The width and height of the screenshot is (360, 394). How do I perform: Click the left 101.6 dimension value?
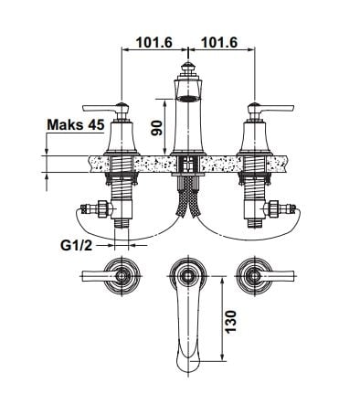pos(154,42)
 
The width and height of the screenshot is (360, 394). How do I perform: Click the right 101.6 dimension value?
pos(219,42)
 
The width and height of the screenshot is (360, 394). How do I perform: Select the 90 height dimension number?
pos(156,128)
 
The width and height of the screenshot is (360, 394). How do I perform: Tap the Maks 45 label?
pos(76,124)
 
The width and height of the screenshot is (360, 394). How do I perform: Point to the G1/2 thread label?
pos(77,245)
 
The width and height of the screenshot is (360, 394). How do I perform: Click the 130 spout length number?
pos(231,322)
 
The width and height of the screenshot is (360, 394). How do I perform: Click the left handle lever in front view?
pos(101,108)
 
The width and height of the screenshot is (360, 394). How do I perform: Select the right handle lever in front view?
pos(276,108)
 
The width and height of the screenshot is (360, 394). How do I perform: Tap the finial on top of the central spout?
pos(188,69)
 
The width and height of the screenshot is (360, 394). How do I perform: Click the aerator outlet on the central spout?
pos(188,99)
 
